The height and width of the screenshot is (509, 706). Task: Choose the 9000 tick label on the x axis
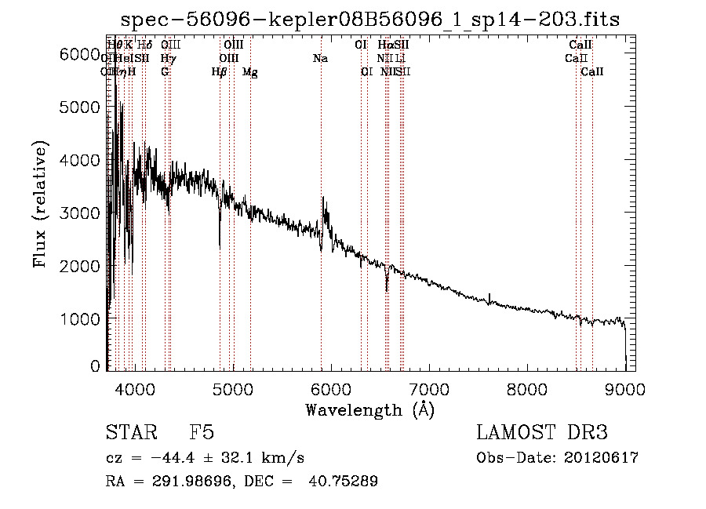click(624, 387)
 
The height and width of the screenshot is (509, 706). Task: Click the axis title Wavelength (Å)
click(369, 409)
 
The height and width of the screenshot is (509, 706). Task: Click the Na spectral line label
click(320, 59)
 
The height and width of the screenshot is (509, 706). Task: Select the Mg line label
click(250, 72)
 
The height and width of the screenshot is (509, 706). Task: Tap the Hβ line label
click(220, 72)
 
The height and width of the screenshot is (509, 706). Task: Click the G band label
click(165, 72)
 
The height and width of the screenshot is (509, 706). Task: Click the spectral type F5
click(202, 433)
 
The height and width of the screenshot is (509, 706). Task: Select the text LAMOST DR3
click(541, 433)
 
